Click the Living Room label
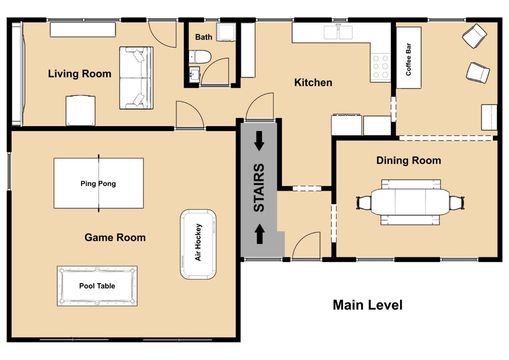click(x=80, y=74)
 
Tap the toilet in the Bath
click(x=200, y=57)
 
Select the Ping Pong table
click(x=99, y=183)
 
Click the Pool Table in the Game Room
click(x=97, y=286)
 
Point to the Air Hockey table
click(x=198, y=244)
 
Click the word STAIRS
click(x=259, y=188)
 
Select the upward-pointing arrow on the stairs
click(x=260, y=234)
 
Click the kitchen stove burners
click(x=381, y=67)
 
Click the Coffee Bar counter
click(x=409, y=58)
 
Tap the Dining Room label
click(x=409, y=160)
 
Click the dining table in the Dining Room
click(x=410, y=202)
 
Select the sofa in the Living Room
click(x=136, y=78)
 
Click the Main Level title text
click(x=367, y=305)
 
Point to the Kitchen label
click(x=313, y=82)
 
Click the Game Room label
click(x=115, y=237)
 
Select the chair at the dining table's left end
click(x=364, y=203)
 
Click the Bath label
click(x=204, y=37)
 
